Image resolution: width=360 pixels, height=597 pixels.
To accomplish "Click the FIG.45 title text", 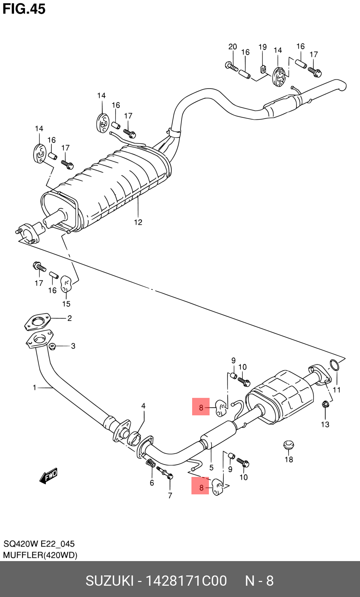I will click(24, 9).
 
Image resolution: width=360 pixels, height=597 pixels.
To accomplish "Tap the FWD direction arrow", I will click(48, 475).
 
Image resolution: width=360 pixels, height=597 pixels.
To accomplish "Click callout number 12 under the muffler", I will click(138, 222).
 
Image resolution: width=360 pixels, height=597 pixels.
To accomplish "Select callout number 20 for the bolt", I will click(232, 47).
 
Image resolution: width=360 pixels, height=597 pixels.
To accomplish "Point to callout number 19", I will click(262, 47).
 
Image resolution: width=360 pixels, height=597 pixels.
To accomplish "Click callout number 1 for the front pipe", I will click(34, 388).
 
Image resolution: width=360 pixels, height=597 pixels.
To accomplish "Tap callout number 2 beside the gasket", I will click(69, 318).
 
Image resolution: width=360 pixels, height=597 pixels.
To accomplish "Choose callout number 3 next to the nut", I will click(73, 346).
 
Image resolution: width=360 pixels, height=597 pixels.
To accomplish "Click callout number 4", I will click(143, 406).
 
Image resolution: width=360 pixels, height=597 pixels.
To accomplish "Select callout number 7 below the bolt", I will click(170, 495).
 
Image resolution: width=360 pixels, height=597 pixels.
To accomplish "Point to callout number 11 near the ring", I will click(336, 390).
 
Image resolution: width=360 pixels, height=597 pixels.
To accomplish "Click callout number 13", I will click(325, 424).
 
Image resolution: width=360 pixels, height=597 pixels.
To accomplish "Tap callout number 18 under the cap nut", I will click(289, 459).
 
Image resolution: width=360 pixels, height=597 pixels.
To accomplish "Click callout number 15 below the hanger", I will click(66, 304).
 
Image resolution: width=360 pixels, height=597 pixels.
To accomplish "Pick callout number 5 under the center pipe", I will click(211, 468).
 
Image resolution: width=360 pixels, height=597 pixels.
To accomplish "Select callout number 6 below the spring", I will click(152, 483).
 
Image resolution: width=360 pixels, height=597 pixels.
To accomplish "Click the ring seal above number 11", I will click(335, 365).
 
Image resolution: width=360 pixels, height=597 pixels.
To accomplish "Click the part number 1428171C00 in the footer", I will click(186, 581).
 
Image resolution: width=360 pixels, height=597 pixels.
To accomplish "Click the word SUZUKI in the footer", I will click(109, 581).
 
